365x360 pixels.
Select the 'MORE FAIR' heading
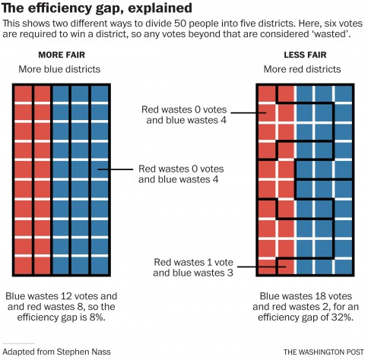pyautogui.click(x=62, y=55)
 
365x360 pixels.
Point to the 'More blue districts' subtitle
pyautogui.click(x=62, y=70)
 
